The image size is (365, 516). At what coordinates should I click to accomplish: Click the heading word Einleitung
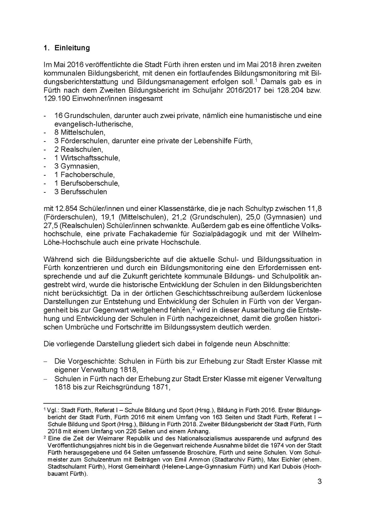(x=72, y=48)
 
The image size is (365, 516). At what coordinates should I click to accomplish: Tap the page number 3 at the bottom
(x=319, y=482)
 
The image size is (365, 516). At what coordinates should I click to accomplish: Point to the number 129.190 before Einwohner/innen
(x=57, y=99)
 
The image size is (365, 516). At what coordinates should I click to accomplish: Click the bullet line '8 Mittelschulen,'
(x=80, y=133)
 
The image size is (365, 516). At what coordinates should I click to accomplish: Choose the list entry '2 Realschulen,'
(x=78, y=149)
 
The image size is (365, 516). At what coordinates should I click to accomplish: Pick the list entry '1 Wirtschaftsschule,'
(x=87, y=158)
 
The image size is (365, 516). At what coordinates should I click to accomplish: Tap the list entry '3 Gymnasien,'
(x=77, y=166)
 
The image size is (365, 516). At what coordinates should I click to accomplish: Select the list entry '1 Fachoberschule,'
(x=84, y=175)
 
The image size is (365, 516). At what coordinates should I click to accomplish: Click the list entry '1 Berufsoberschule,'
(x=87, y=183)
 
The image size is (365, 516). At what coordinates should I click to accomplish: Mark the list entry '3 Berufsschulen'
(x=81, y=192)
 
